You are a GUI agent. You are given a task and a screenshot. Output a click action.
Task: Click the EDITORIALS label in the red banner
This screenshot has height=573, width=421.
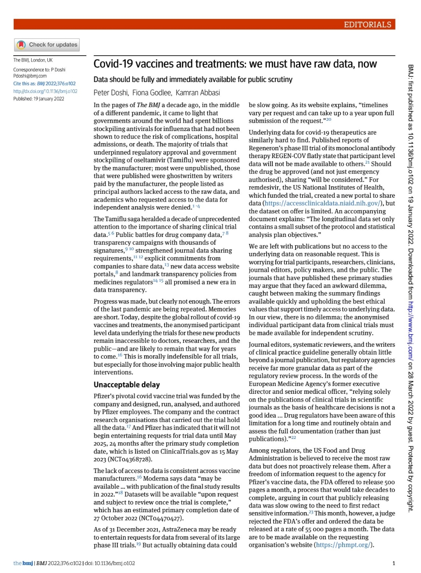tap(367, 24)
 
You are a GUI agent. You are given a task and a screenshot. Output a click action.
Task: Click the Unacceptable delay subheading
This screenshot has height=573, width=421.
tap(127, 385)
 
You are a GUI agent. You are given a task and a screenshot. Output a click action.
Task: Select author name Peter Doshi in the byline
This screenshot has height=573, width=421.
tap(111, 93)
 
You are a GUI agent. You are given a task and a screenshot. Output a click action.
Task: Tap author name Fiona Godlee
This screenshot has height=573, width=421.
tap(152, 93)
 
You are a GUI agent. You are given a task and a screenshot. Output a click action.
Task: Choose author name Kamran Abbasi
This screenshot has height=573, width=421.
tap(198, 93)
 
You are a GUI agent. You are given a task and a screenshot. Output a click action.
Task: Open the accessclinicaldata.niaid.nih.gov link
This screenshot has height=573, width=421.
tap(322, 203)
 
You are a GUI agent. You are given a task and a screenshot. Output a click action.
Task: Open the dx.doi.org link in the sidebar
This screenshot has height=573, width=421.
tap(45, 91)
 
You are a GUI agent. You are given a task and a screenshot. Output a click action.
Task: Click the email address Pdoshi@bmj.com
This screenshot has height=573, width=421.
tap(30, 76)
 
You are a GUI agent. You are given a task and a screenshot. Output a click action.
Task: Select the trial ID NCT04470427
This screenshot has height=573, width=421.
tap(161, 518)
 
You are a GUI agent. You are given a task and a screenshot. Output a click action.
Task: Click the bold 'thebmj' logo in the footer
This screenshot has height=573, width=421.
tap(23, 563)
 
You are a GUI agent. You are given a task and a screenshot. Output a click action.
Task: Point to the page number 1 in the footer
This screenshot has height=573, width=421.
tap(394, 563)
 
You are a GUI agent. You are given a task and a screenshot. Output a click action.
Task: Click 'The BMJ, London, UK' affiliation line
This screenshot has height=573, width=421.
tap(33, 60)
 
